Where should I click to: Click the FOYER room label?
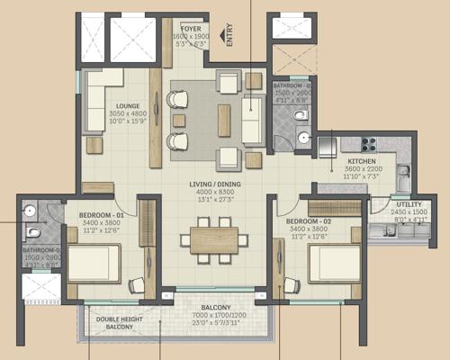click(190, 29)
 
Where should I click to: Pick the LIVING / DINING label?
click(213, 184)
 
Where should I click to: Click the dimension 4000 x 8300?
click(213, 193)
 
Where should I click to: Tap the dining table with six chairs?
click(212, 239)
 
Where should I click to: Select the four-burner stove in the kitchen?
click(368, 144)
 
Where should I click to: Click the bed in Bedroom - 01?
click(94, 265)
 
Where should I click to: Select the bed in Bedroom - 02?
click(334, 265)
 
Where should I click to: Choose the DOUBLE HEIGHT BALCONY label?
click(119, 321)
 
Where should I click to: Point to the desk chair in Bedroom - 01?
click(137, 285)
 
